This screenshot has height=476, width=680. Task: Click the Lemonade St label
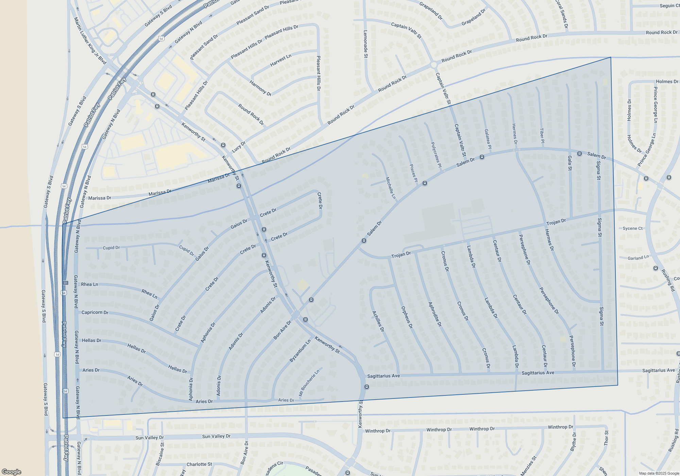pyautogui.click(x=365, y=44)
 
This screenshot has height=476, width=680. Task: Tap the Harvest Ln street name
pyautogui.click(x=280, y=61)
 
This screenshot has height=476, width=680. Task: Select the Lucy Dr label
pyautogui.click(x=239, y=147)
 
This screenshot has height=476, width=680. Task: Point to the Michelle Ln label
pyautogui.click(x=391, y=188)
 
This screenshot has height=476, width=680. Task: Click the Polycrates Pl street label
pyautogui.click(x=436, y=155)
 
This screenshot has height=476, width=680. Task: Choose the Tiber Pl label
pyautogui.click(x=542, y=135)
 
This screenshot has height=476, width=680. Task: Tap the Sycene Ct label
pyautogui.click(x=632, y=228)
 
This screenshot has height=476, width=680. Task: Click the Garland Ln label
pyautogui.click(x=638, y=258)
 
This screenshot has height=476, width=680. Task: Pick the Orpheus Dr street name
pyautogui.click(x=407, y=317)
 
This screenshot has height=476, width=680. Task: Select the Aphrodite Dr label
pyautogui.click(x=435, y=314)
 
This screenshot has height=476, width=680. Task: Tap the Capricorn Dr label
pyautogui.click(x=95, y=312)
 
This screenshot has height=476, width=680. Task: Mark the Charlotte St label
pyautogui.click(x=199, y=464)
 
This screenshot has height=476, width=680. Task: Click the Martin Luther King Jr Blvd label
pyautogui.click(x=90, y=40)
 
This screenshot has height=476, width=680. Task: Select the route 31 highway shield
pyautogui.click(x=65, y=283)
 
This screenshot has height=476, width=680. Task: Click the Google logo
pyautogui.click(x=12, y=472)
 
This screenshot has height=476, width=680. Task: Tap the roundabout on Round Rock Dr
pyautogui.click(x=434, y=65)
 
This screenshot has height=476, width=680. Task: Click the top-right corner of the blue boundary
pyautogui.click(x=611, y=57)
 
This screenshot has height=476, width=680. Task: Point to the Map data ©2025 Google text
pyautogui.click(x=659, y=473)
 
